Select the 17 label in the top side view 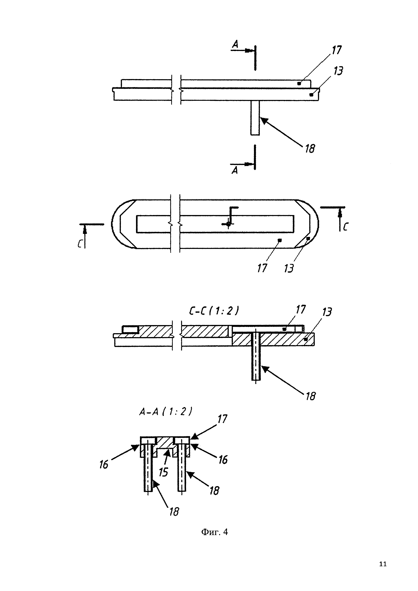click(x=336, y=50)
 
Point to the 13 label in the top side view click(x=338, y=71)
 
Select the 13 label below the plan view click(x=289, y=268)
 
